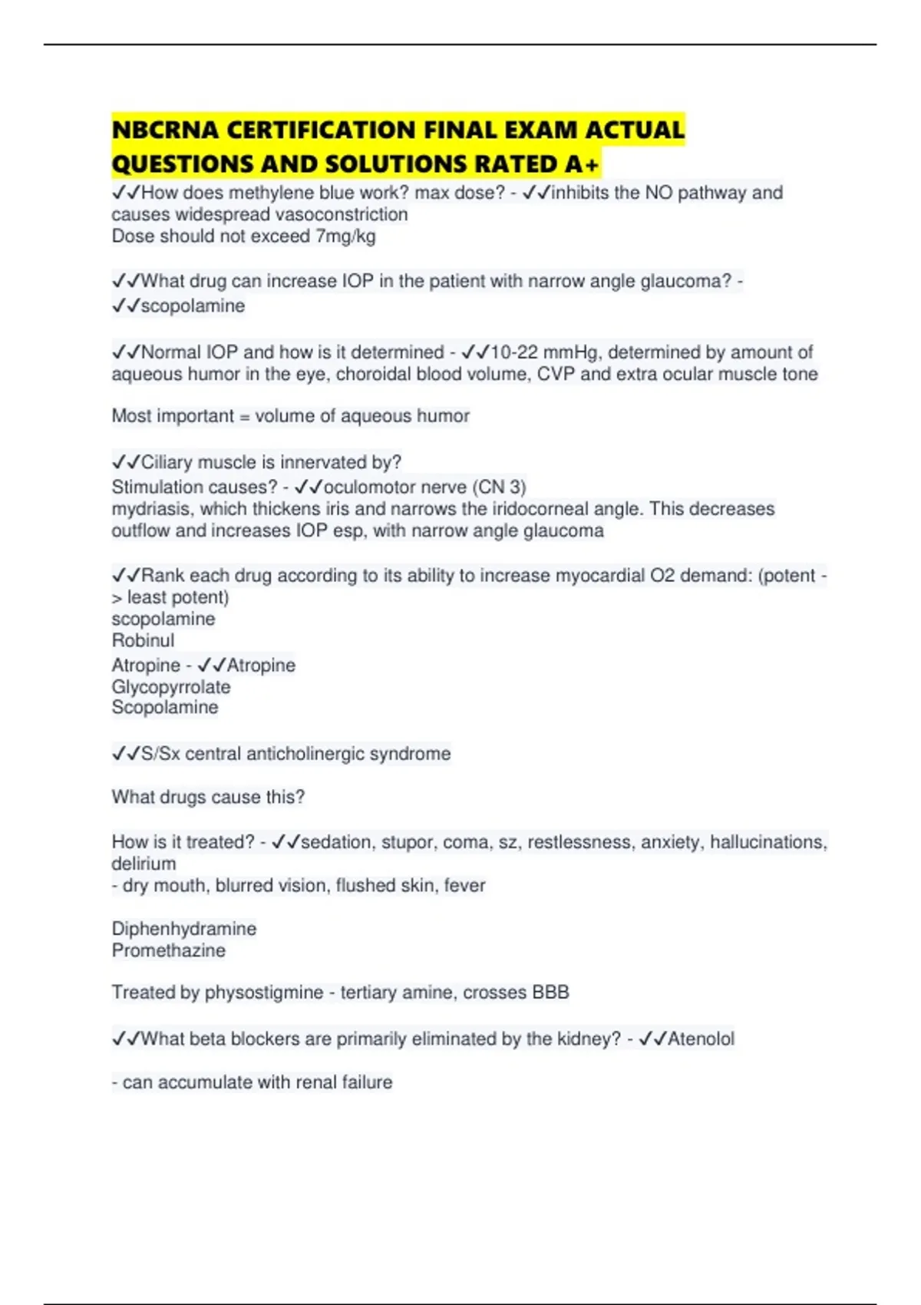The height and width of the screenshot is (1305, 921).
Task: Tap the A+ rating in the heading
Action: [582, 164]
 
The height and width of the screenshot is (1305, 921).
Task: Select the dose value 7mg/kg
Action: [345, 236]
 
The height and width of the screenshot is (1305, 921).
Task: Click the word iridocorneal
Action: [566, 509]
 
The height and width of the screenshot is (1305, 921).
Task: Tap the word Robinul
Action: [143, 640]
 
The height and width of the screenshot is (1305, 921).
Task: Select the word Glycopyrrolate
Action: [170, 687]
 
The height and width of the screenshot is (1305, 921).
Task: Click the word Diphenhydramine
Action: [184, 929]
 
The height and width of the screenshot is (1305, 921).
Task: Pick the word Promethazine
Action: [169, 950]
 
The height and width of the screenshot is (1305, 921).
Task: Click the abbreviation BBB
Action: [550, 993]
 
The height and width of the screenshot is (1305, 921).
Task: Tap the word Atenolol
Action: [701, 1039]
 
